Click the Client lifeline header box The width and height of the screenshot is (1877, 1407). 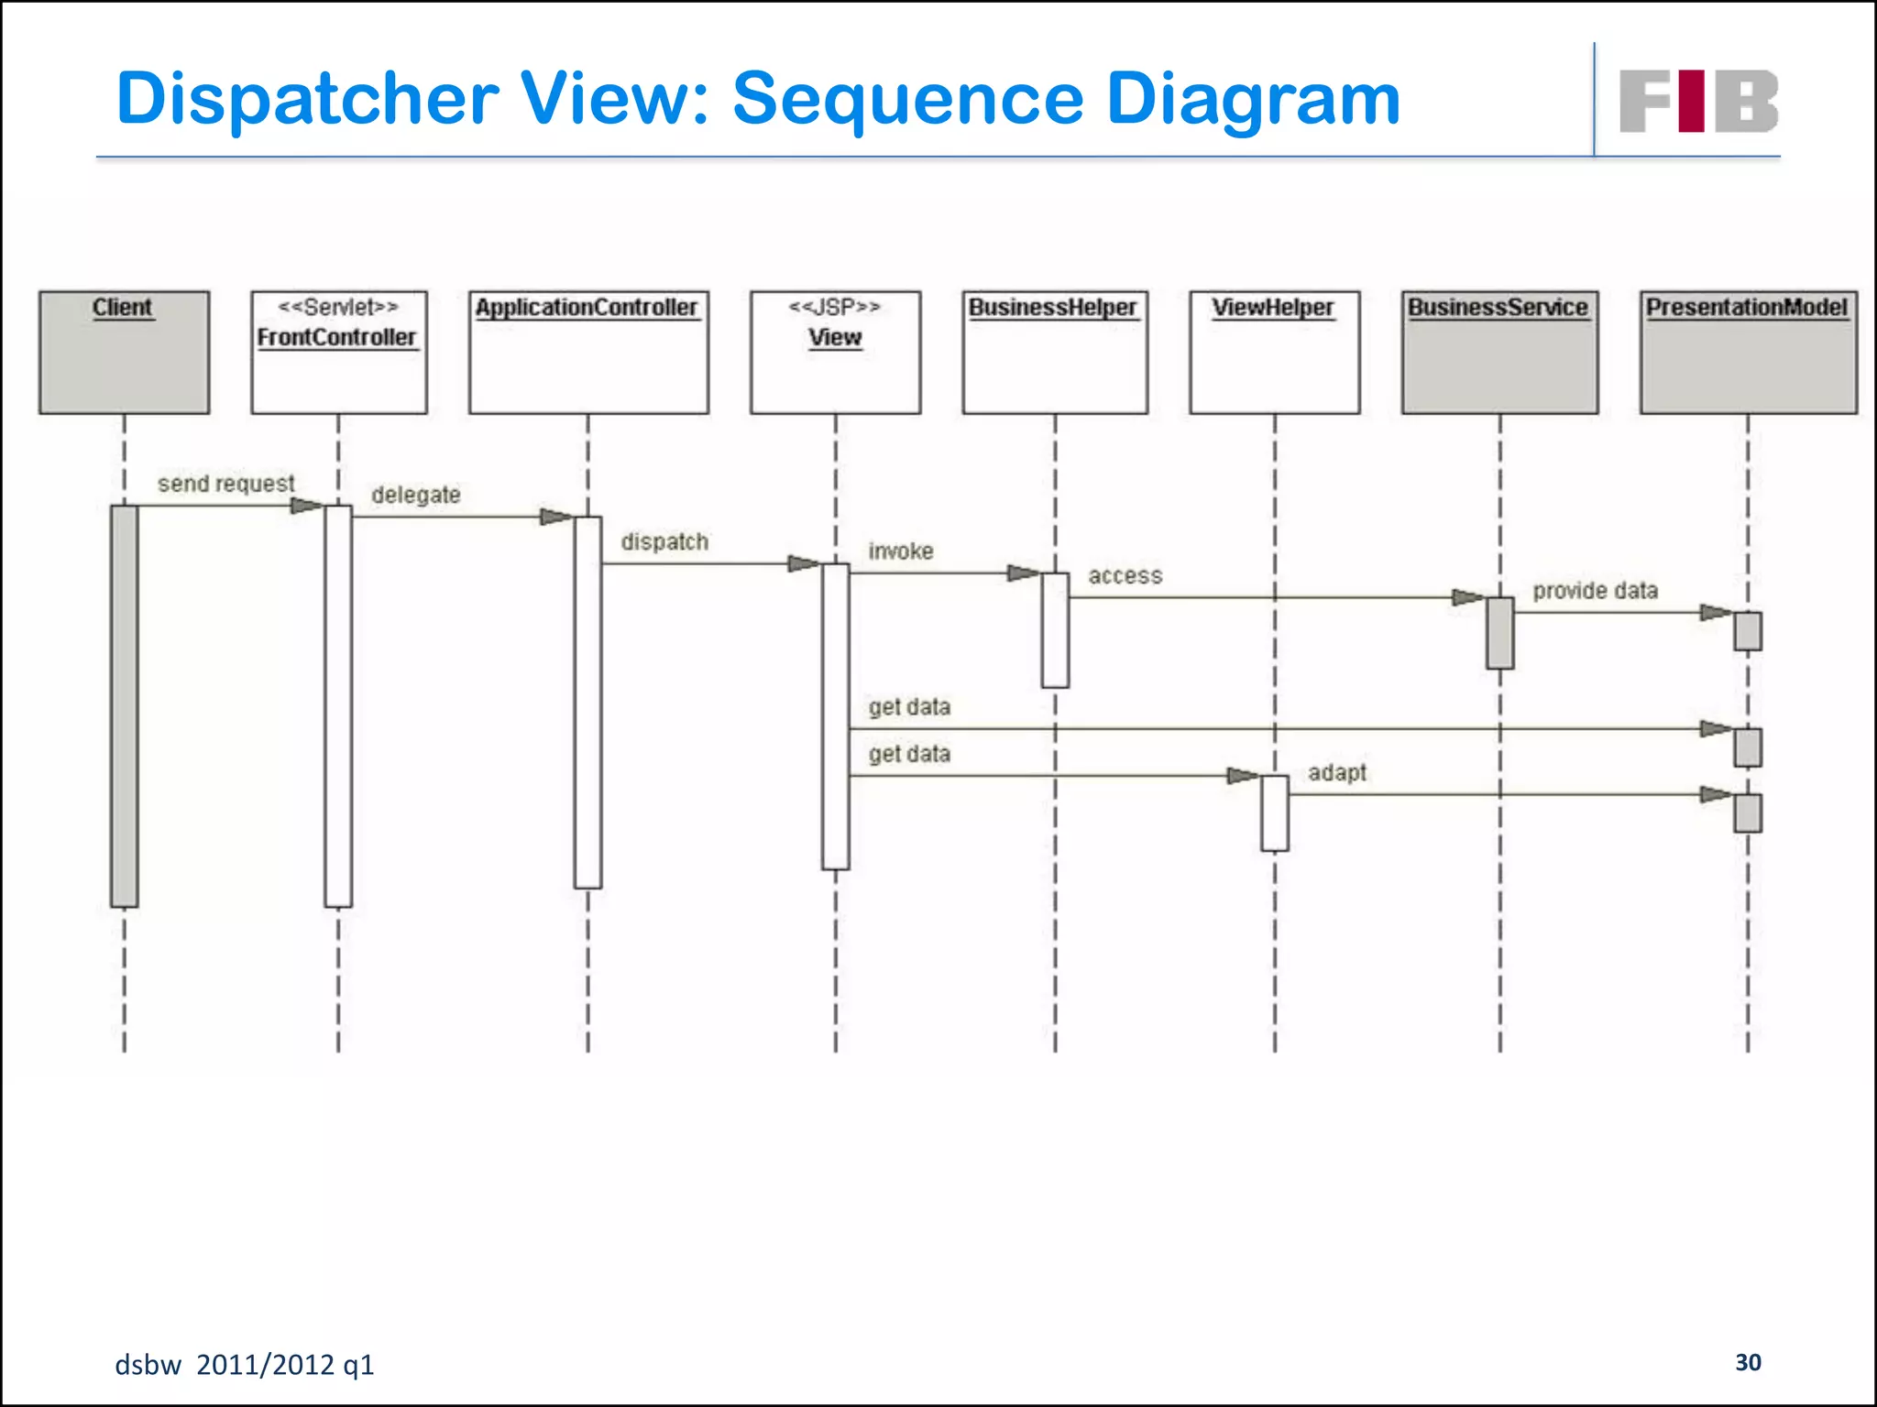[x=124, y=353]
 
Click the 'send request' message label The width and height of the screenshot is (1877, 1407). [x=225, y=484]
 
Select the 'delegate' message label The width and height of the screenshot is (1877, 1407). [x=415, y=496]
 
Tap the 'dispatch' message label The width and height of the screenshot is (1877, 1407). [x=664, y=542]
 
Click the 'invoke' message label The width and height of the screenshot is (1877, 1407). [x=901, y=551]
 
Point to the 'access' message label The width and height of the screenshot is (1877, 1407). [x=1125, y=576]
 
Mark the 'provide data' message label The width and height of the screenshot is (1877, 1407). [x=1595, y=591]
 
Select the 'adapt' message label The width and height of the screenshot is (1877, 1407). [x=1336, y=773]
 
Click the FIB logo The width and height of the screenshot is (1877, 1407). [x=1698, y=101]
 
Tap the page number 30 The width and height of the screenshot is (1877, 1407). [x=1748, y=1362]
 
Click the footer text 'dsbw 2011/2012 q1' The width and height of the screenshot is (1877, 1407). [x=244, y=1365]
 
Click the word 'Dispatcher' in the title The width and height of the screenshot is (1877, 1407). [x=308, y=99]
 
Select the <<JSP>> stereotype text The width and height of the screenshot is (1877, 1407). [x=834, y=307]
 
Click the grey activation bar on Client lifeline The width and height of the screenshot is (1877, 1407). [x=125, y=705]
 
